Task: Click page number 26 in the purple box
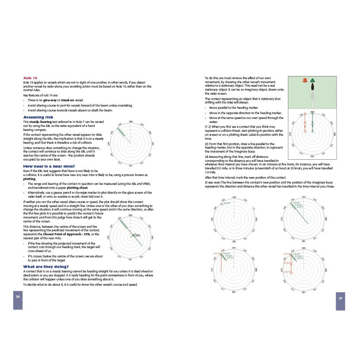(18, 296)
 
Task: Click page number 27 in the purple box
(341, 298)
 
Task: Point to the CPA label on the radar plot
(137, 235)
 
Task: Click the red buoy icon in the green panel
(304, 80)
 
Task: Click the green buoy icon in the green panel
(313, 80)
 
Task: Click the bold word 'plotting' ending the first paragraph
(29, 179)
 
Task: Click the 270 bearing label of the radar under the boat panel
(291, 134)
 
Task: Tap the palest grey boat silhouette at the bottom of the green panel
(313, 104)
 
